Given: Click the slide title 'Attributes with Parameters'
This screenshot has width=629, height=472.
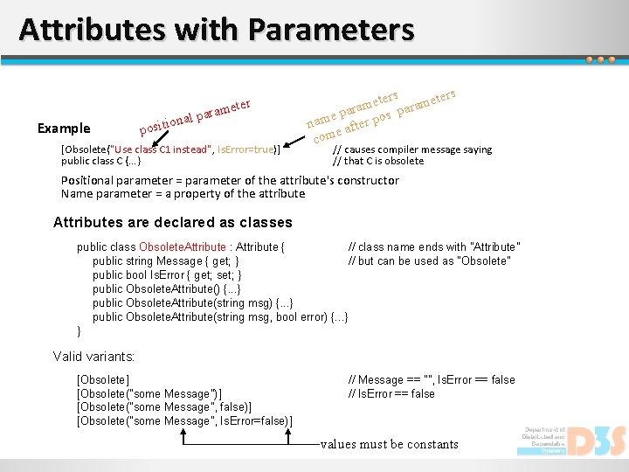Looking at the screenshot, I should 216,30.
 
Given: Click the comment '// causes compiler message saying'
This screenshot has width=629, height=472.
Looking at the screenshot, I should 412,149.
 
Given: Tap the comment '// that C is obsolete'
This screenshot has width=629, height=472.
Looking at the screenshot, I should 378,161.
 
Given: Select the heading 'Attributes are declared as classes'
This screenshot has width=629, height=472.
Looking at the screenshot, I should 172,223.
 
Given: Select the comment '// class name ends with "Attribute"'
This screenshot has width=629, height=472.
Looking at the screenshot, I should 433,247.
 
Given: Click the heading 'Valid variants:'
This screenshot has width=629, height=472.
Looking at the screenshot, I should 94,357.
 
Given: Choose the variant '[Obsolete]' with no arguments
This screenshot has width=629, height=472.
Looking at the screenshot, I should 103,380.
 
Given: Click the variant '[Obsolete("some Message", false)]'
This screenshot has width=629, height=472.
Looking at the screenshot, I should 165,408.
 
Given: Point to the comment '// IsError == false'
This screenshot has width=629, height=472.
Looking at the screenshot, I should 391,394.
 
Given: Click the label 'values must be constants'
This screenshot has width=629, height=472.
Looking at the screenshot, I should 389,444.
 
